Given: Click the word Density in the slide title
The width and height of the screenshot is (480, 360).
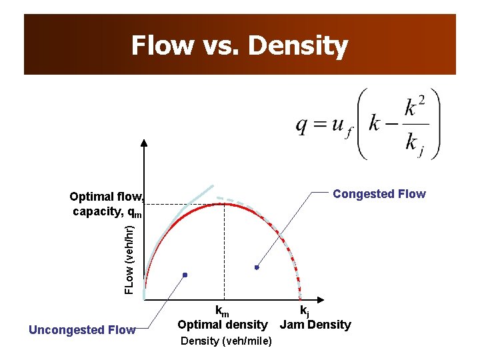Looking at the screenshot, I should [298, 46].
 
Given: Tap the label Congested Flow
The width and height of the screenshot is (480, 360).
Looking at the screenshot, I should [379, 194].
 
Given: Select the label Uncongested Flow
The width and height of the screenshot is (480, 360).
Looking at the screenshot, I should [82, 329].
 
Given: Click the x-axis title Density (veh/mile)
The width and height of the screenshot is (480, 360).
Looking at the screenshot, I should [226, 341].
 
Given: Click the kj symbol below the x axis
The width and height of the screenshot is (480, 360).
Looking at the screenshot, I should [304, 311].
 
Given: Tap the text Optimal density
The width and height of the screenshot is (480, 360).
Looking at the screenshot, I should [222, 325].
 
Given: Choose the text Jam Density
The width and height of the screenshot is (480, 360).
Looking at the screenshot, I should [315, 325].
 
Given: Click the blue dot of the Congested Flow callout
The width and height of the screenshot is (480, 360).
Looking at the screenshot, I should [257, 267].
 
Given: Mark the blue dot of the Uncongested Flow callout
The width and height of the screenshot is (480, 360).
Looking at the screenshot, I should [185, 275].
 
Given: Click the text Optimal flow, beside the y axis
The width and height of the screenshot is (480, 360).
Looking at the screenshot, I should [107, 197].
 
